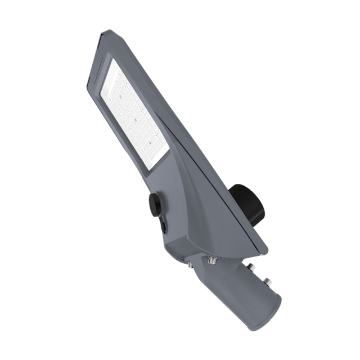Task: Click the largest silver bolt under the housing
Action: click(213, 260)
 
